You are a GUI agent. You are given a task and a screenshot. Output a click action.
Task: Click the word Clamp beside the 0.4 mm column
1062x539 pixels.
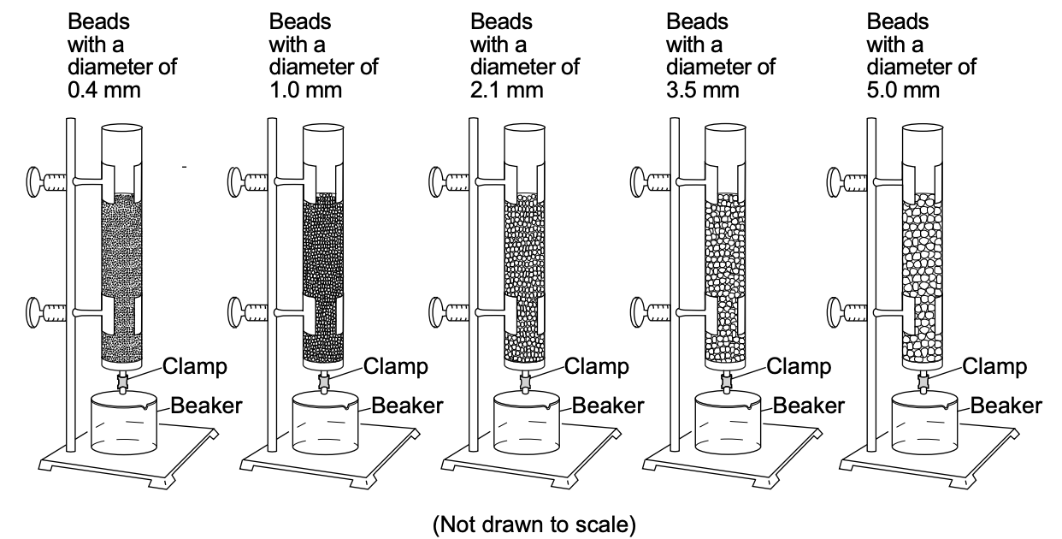195,367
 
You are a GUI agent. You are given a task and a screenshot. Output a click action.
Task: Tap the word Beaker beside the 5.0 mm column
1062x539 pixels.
1006,405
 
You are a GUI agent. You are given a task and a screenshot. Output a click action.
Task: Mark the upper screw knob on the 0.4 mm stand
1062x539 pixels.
36,181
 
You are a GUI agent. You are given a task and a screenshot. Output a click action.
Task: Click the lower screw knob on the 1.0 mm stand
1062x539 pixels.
237,308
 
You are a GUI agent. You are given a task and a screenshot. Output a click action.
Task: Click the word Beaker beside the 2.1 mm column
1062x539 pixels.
607,405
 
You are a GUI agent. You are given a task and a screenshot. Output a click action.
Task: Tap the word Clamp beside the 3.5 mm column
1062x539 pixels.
799,367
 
